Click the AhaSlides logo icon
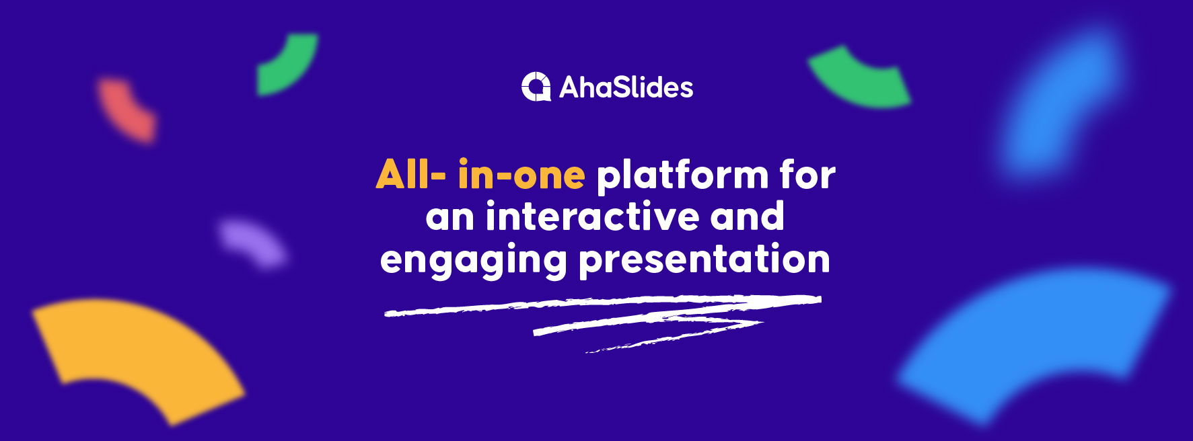click(x=536, y=87)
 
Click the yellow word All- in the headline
click(x=410, y=175)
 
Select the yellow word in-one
click(x=521, y=175)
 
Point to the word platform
click(x=682, y=176)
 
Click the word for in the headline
click(x=808, y=175)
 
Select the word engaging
click(x=473, y=261)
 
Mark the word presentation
click(x=704, y=261)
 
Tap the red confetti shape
click(x=129, y=110)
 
